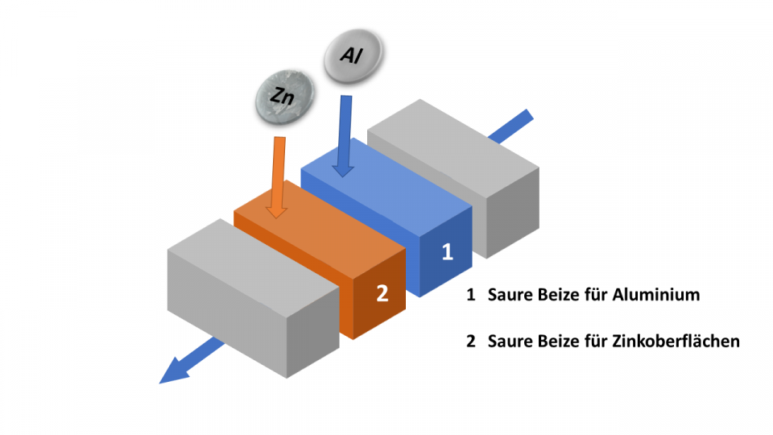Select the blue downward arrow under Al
tap(345, 137)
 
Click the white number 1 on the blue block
tap(448, 251)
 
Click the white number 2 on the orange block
tap(382, 292)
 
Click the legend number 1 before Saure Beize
tap(470, 295)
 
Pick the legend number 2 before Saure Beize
tap(471, 342)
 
